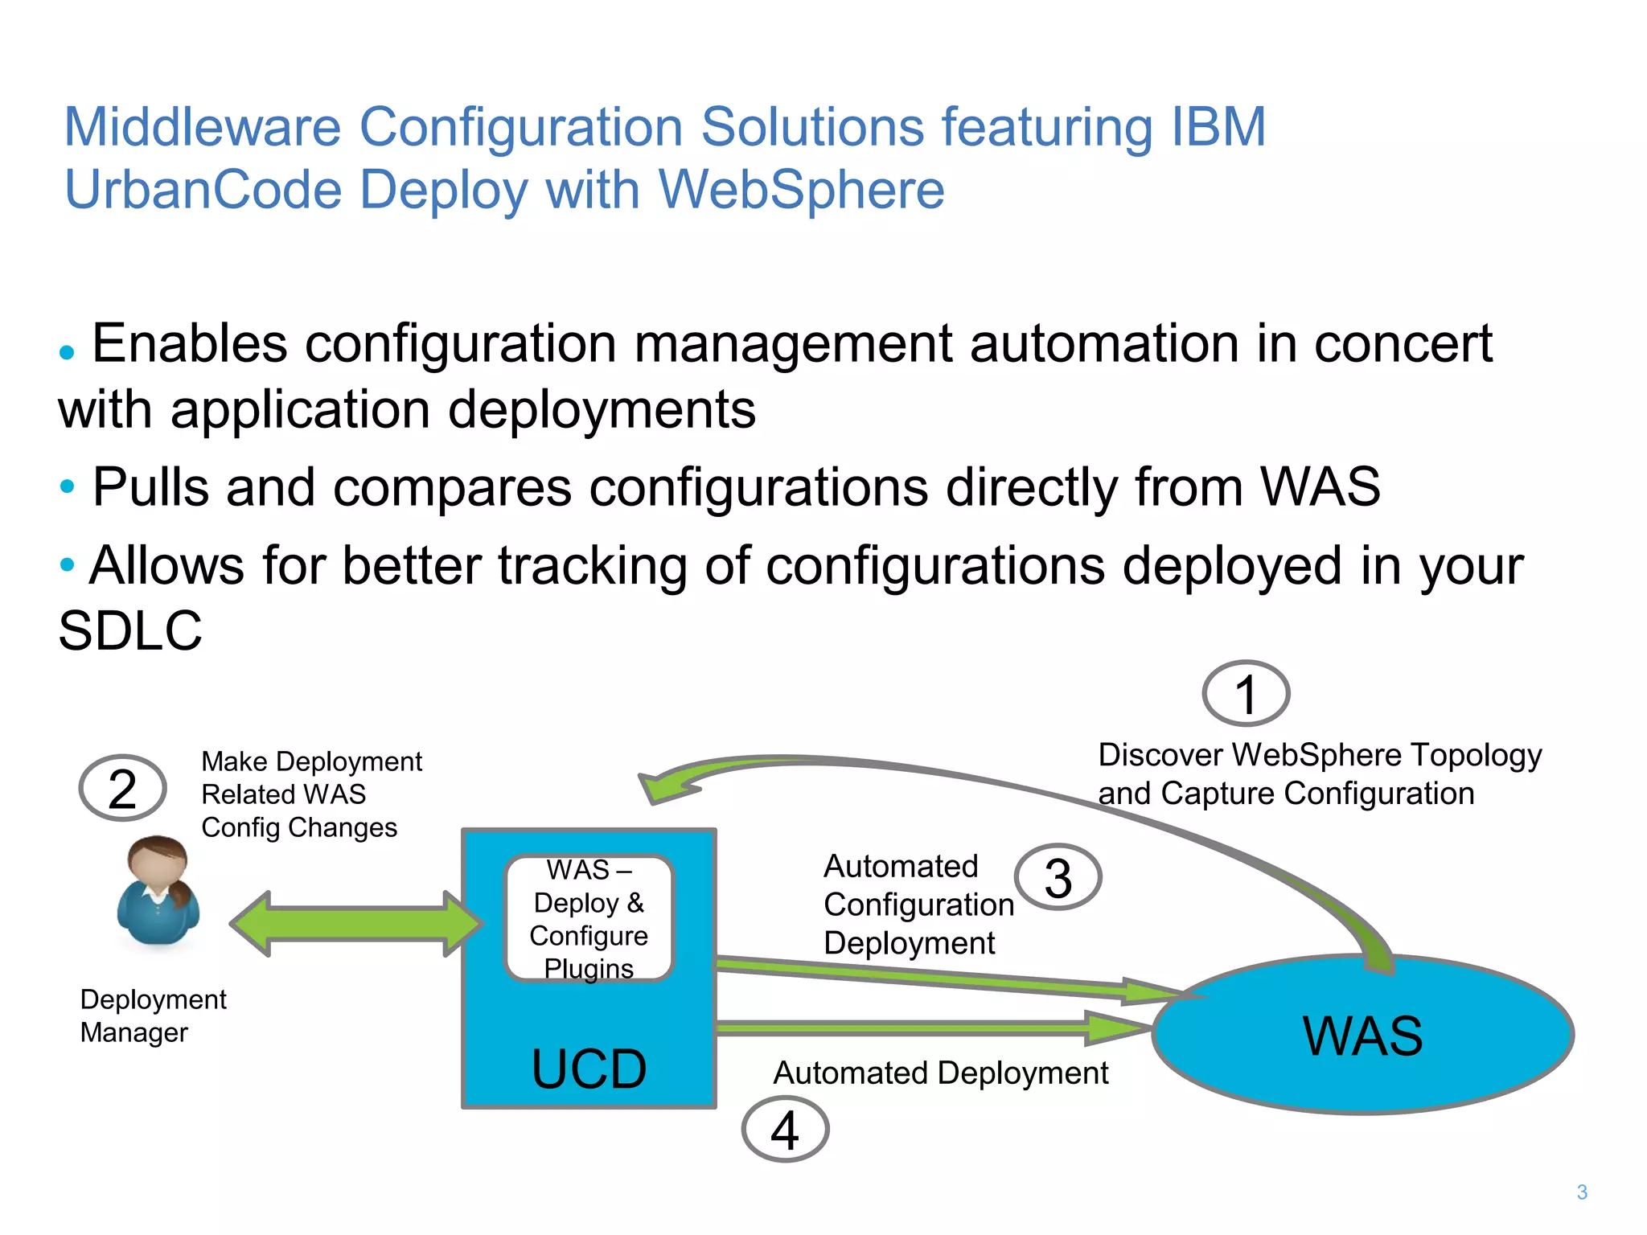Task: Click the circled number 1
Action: tap(1246, 694)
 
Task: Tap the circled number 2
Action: tap(122, 788)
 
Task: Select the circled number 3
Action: tap(1058, 877)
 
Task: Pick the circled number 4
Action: tap(785, 1130)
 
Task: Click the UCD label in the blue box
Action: tap(589, 1069)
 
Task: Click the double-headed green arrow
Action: tap(356, 923)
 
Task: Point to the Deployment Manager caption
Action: tap(153, 1015)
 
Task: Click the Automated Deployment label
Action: tap(940, 1073)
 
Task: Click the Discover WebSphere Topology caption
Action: tap(1319, 773)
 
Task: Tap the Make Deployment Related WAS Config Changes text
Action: tap(310, 794)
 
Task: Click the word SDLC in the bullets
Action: tap(130, 630)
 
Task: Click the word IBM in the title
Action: tap(1218, 127)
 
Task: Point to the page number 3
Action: tap(1582, 1192)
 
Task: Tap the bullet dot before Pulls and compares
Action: tap(68, 486)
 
